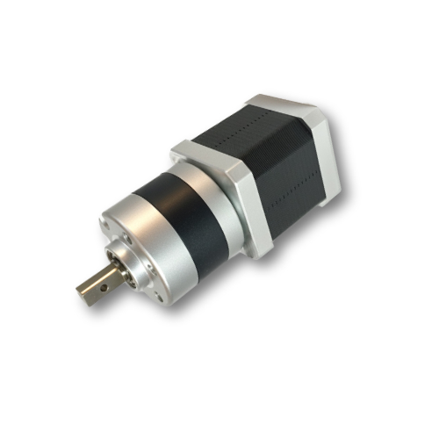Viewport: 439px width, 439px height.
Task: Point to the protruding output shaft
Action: (97, 284)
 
